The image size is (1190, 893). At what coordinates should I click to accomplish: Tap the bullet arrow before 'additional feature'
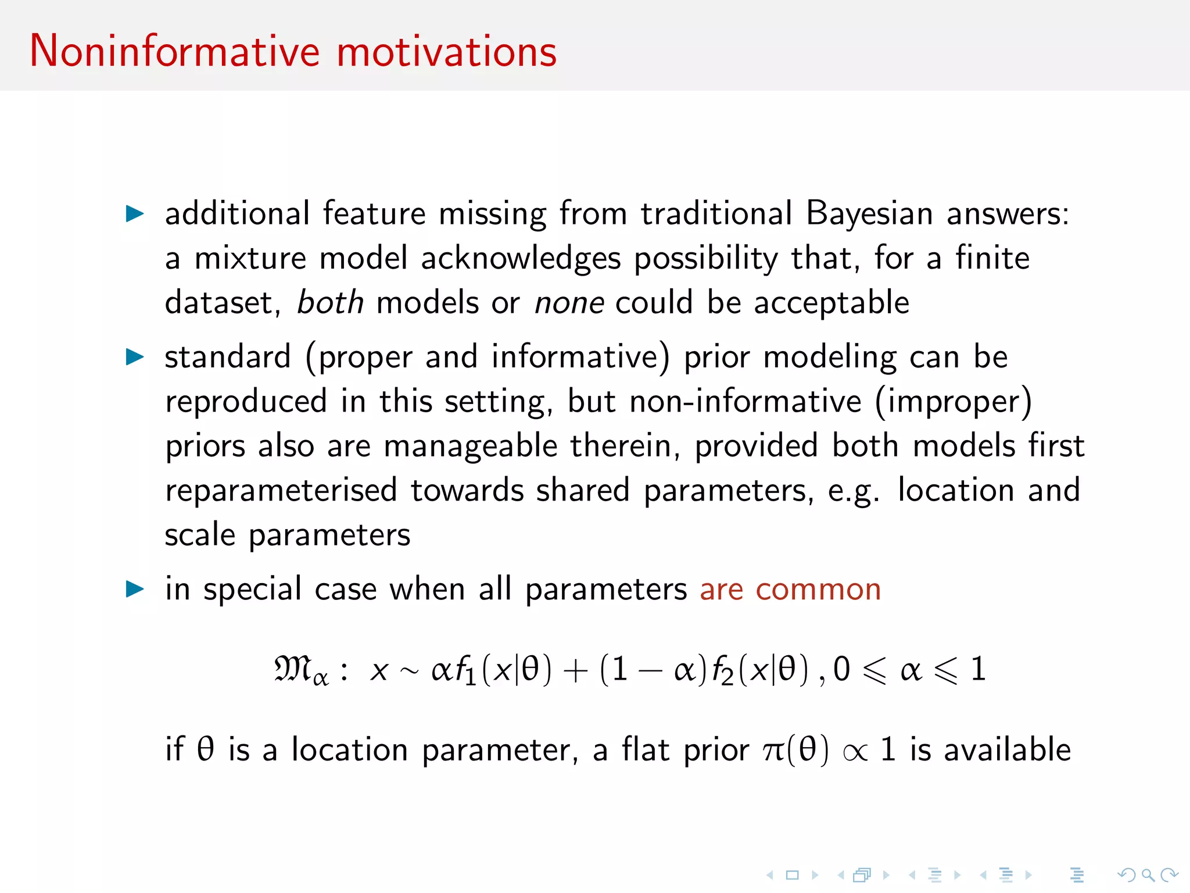pos(135,213)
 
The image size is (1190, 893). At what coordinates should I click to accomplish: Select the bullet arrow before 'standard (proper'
pos(135,356)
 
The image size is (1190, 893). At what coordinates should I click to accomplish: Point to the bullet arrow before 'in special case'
pos(135,589)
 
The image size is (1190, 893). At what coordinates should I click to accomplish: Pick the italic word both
pos(330,303)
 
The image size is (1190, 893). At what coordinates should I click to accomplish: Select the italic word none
pos(569,303)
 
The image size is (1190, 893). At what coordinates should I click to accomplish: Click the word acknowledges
pos(521,259)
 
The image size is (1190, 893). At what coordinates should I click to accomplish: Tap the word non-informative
pos(745,402)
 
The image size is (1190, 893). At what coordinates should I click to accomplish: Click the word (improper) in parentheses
pos(954,402)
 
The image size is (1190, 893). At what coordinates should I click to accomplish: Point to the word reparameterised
pos(281,490)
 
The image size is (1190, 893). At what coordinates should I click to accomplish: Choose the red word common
pos(818,590)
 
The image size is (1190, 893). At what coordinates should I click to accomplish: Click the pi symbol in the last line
pos(773,751)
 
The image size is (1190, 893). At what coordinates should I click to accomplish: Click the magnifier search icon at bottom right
pos(1147,874)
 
